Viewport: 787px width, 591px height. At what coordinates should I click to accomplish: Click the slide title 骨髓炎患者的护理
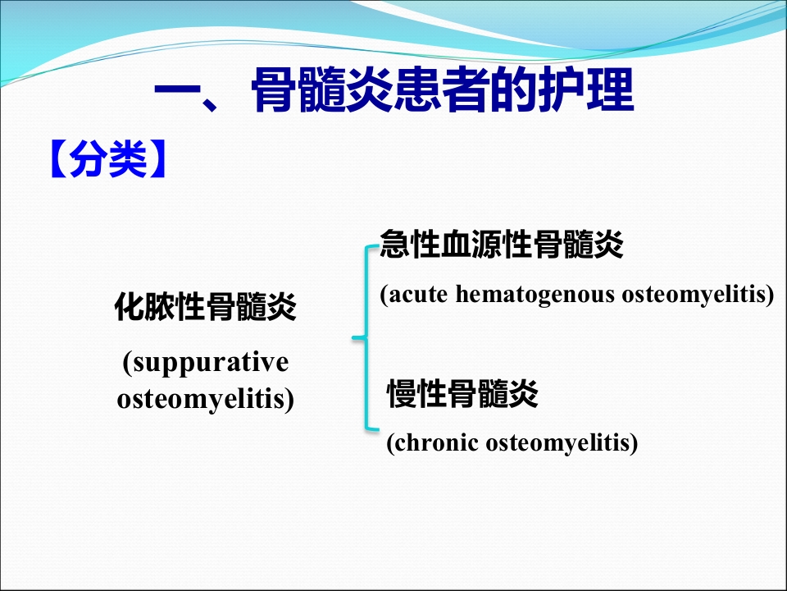[x=443, y=91]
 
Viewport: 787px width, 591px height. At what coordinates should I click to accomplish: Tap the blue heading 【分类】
[x=107, y=158]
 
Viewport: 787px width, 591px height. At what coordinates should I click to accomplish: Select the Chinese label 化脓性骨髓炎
[x=205, y=306]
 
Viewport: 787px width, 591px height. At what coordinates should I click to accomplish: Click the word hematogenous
[x=535, y=295]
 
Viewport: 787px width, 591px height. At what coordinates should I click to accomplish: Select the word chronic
[x=433, y=443]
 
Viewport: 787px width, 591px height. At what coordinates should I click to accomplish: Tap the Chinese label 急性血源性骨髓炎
[x=502, y=245]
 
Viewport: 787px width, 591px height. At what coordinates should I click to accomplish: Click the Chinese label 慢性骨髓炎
[x=462, y=393]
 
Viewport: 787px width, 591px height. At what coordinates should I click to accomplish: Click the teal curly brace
[x=367, y=337]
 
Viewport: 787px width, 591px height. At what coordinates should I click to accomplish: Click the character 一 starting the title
[x=177, y=91]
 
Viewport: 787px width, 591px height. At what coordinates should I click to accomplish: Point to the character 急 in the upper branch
[x=395, y=245]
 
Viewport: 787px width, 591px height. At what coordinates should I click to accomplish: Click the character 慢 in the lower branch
[x=402, y=393]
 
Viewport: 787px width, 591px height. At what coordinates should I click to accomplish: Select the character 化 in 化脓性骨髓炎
[x=130, y=306]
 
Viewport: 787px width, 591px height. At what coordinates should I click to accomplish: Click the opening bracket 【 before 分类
[x=58, y=158]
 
